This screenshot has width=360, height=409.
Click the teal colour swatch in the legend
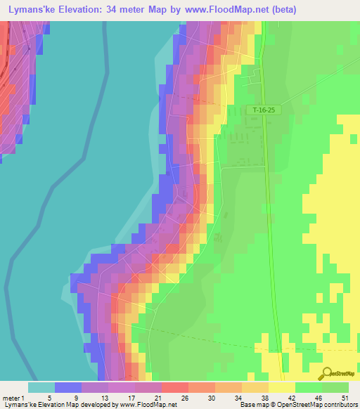41,387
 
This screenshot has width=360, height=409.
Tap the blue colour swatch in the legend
68,387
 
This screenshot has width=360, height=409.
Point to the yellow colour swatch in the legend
282,387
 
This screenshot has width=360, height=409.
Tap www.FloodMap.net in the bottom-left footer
148,405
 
